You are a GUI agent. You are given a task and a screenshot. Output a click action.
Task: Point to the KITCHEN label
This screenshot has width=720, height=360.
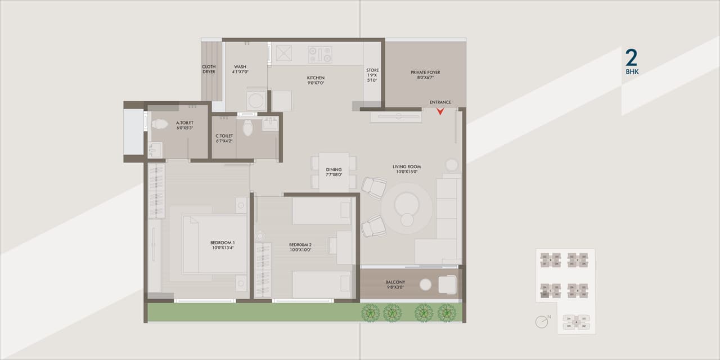(315, 78)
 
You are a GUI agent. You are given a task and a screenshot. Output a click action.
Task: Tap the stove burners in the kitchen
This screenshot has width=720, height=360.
(319, 55)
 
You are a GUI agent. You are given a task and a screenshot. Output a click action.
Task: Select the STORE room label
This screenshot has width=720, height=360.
(372, 71)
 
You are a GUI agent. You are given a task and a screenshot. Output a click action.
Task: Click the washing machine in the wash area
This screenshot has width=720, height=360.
(256, 101)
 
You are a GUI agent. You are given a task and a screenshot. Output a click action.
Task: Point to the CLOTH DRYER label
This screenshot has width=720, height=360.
(209, 69)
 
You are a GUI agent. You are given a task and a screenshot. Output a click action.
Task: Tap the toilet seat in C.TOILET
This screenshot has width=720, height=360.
(247, 128)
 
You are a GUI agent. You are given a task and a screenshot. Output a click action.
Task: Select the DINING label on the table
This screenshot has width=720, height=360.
(334, 170)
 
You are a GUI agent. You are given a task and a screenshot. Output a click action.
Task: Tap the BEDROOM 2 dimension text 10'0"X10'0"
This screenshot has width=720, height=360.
(300, 250)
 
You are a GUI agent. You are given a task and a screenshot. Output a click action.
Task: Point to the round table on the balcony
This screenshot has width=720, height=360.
(425, 285)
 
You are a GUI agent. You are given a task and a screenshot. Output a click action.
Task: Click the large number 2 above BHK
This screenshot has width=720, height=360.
(631, 58)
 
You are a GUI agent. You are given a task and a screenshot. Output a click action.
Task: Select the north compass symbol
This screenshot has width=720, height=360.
(542, 321)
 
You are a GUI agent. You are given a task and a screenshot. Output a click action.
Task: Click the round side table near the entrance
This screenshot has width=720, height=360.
(452, 165)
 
